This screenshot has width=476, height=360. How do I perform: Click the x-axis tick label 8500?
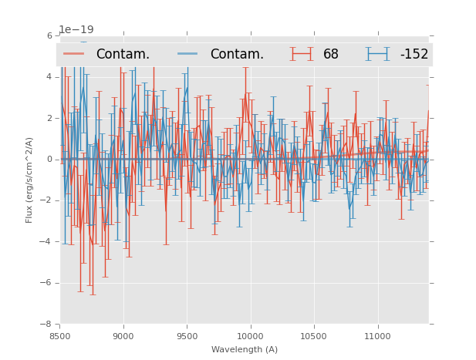[60, 335]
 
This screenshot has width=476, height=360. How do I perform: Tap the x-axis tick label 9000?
[123, 335]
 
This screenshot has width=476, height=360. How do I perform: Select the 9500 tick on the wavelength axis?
[187, 335]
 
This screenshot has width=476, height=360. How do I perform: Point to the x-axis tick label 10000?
[250, 335]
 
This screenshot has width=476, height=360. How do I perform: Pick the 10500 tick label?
[314, 335]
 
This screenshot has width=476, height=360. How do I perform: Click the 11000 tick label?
[377, 335]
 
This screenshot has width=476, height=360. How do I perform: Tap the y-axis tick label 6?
[49, 35]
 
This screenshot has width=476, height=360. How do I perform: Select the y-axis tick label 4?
[49, 77]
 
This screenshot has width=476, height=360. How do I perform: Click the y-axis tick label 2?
[49, 118]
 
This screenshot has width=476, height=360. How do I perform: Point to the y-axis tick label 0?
[49, 160]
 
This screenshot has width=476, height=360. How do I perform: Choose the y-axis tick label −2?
[47, 200]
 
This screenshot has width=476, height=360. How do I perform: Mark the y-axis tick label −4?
[47, 242]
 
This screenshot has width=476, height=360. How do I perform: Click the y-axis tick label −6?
[47, 283]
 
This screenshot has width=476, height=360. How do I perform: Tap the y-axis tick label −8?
[47, 324]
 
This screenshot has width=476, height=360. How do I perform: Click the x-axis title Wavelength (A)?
[245, 349]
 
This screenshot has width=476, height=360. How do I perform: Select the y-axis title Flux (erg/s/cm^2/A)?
[29, 180]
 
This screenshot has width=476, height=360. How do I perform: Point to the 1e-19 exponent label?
[76, 30]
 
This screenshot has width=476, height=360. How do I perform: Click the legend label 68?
[331, 55]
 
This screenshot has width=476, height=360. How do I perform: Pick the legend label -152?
[414, 55]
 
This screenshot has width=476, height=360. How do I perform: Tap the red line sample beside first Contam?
[74, 53]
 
